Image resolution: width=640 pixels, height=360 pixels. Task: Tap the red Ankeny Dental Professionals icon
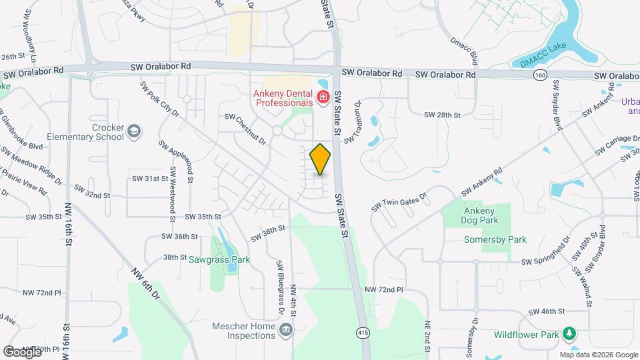(x=323, y=98)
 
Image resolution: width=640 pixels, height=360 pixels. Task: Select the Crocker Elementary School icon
(x=135, y=131)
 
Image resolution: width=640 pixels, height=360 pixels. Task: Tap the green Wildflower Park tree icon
(x=569, y=333)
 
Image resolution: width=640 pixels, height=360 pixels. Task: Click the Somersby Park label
(x=497, y=239)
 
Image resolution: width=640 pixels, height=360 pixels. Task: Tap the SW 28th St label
(x=443, y=115)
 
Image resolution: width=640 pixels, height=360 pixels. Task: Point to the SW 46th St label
(x=547, y=311)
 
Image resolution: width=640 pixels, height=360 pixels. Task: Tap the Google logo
(x=22, y=351)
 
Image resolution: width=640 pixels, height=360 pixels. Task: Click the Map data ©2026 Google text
(x=598, y=355)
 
